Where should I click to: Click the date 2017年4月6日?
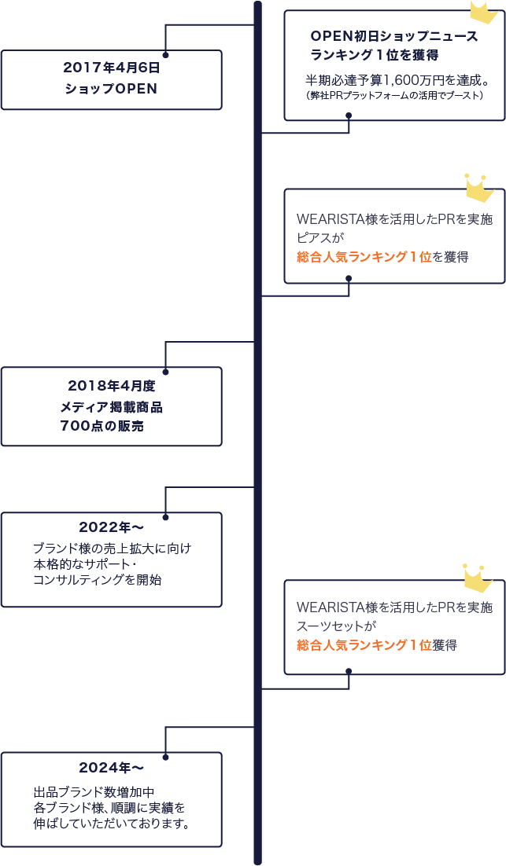point(111,68)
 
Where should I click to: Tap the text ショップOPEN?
point(111,89)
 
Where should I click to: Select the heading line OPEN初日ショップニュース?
point(393,36)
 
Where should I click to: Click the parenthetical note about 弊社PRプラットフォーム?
point(393,95)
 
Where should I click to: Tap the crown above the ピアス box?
point(478,187)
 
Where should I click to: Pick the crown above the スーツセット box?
point(477,578)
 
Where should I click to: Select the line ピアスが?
point(320,237)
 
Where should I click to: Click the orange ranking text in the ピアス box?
point(364,256)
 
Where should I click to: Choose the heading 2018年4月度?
point(111,386)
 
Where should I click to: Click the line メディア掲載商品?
point(111,406)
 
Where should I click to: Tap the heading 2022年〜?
point(111,527)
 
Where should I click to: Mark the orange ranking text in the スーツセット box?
point(364,645)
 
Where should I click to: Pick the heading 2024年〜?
point(111,767)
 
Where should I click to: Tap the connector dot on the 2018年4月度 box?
point(165,371)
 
